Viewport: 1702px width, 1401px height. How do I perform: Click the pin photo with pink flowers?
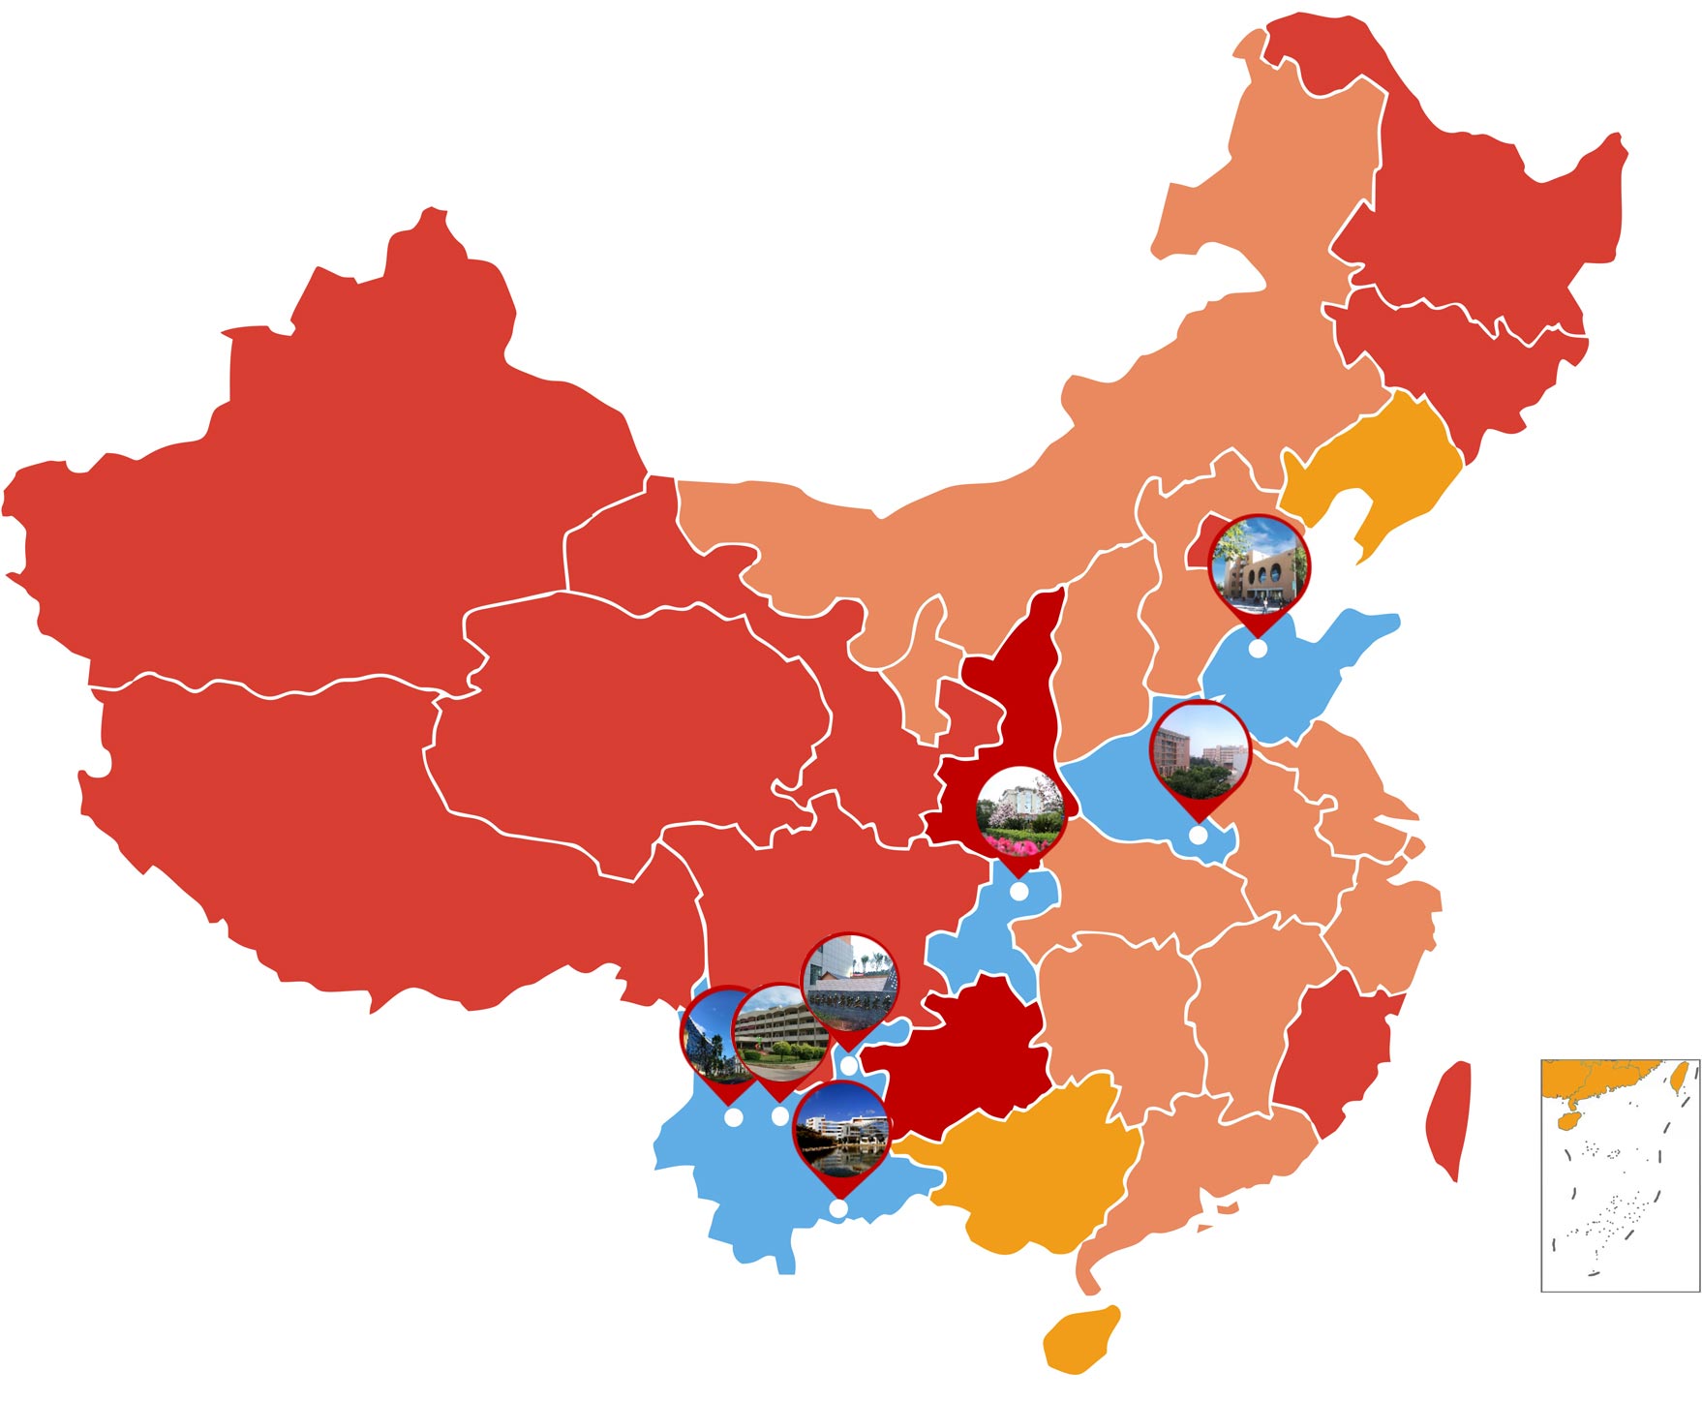pyautogui.click(x=1019, y=811)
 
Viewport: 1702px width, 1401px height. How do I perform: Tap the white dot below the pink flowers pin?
pyautogui.click(x=1018, y=892)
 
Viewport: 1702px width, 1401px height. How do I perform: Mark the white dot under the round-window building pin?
pyautogui.click(x=1257, y=649)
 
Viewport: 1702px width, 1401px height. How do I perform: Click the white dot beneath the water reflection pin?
pyautogui.click(x=838, y=1208)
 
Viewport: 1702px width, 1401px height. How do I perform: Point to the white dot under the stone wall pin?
pyautogui.click(x=848, y=1065)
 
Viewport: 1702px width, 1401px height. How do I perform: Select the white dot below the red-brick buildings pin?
pyautogui.click(x=1199, y=835)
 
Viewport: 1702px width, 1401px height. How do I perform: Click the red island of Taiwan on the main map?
pyautogui.click(x=1449, y=1118)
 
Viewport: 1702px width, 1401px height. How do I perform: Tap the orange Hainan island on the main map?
pyautogui.click(x=1082, y=1339)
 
